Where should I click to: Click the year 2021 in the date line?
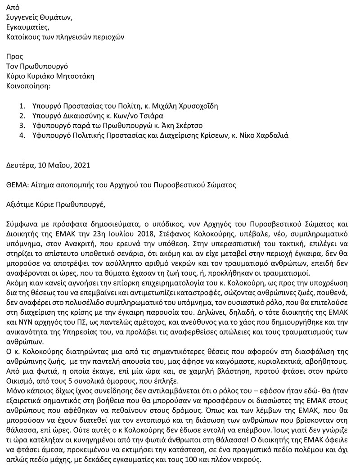(x=81, y=165)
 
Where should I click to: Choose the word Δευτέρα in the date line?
(x=20, y=165)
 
